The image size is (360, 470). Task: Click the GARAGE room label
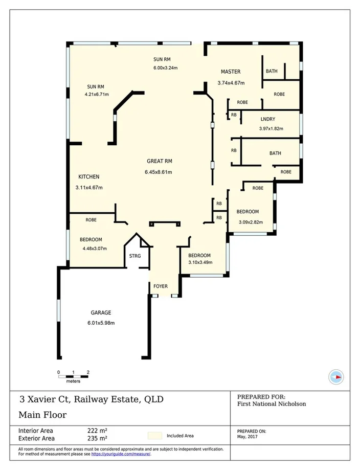click(x=101, y=312)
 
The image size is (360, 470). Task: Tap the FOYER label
click(x=161, y=286)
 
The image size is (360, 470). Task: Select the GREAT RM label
click(x=159, y=161)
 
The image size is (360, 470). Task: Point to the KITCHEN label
click(x=88, y=177)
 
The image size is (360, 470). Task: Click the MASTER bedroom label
click(x=231, y=72)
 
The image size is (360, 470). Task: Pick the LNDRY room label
click(x=267, y=120)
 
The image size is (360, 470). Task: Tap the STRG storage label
click(x=135, y=255)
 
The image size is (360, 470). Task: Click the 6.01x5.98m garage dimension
click(x=101, y=323)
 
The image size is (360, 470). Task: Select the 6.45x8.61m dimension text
click(x=159, y=172)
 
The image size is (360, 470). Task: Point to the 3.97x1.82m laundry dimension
click(x=271, y=128)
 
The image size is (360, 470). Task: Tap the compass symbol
click(x=335, y=377)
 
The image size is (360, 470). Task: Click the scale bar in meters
click(x=73, y=376)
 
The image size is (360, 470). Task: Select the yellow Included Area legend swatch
click(x=154, y=436)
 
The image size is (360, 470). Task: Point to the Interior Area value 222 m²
click(x=97, y=431)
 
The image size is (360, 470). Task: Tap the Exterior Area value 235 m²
click(x=97, y=438)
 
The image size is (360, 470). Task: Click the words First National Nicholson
click(x=272, y=404)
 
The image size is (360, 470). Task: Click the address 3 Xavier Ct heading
click(x=92, y=399)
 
